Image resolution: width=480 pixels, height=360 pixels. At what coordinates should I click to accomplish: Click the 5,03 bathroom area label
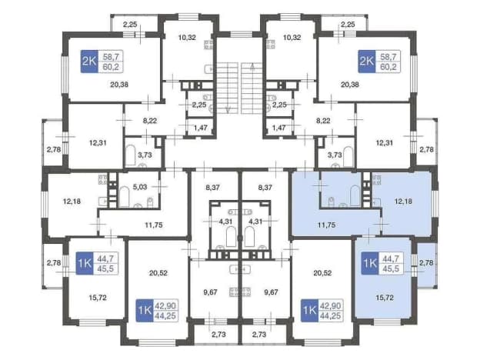(140, 187)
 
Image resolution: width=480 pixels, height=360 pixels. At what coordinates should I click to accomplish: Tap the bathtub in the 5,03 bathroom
(124, 197)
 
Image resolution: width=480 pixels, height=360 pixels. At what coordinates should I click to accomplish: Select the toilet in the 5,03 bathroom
(150, 202)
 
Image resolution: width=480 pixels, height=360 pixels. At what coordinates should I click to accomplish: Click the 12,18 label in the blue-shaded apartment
(403, 201)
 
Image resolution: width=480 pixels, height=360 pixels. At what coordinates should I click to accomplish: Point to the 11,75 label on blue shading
(326, 225)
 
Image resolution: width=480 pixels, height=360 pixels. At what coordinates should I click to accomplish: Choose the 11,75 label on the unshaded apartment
(154, 225)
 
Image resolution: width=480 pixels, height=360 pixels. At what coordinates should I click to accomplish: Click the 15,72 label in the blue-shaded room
(385, 297)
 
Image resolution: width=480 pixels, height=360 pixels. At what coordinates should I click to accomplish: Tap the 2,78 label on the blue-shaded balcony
(426, 262)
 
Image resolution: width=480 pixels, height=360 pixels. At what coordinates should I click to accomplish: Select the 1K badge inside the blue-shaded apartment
(370, 263)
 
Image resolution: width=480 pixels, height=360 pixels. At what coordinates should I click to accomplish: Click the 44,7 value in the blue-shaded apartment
(391, 258)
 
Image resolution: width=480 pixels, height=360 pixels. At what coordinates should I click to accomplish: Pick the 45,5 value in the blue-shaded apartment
(391, 268)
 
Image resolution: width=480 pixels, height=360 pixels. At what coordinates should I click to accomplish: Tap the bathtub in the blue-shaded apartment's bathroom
(355, 195)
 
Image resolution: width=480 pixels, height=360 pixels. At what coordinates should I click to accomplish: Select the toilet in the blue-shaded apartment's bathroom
(332, 202)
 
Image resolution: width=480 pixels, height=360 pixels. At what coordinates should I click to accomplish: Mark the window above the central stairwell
(242, 34)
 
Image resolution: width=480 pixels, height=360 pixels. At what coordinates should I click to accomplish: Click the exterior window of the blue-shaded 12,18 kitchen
(435, 203)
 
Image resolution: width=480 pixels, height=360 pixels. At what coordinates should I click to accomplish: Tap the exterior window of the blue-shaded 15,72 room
(387, 322)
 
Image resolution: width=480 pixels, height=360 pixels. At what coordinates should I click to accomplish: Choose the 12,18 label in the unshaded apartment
(72, 201)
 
